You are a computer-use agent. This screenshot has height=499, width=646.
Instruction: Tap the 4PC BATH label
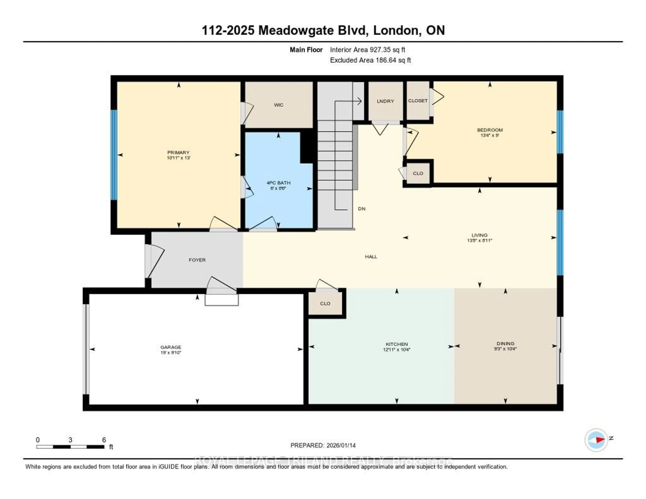tap(278, 183)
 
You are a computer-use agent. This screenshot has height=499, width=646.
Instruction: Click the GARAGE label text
tap(171, 347)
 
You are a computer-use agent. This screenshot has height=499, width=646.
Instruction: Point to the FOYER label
tap(197, 260)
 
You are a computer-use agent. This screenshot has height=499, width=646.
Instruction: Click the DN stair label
tap(362, 208)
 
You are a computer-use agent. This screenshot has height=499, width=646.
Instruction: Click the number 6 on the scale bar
tap(104, 440)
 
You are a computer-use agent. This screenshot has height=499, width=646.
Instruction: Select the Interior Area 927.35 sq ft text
tap(367, 50)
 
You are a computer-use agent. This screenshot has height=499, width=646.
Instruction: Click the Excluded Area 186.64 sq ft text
tap(370, 60)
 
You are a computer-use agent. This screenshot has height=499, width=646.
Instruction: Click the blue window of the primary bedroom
tap(114, 155)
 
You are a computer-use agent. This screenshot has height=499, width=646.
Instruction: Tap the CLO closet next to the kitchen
tap(325, 304)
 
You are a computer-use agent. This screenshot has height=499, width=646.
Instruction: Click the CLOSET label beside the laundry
tap(418, 101)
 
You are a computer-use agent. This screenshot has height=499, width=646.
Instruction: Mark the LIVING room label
tap(479, 235)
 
